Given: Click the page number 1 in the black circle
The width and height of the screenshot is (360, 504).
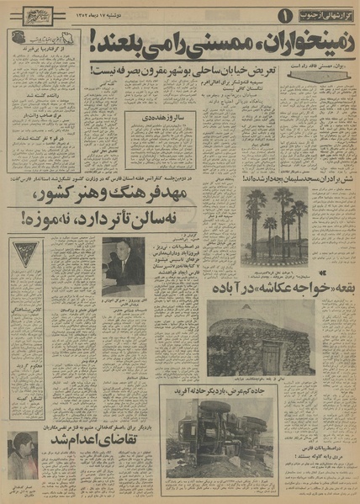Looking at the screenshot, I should click(283, 14).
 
